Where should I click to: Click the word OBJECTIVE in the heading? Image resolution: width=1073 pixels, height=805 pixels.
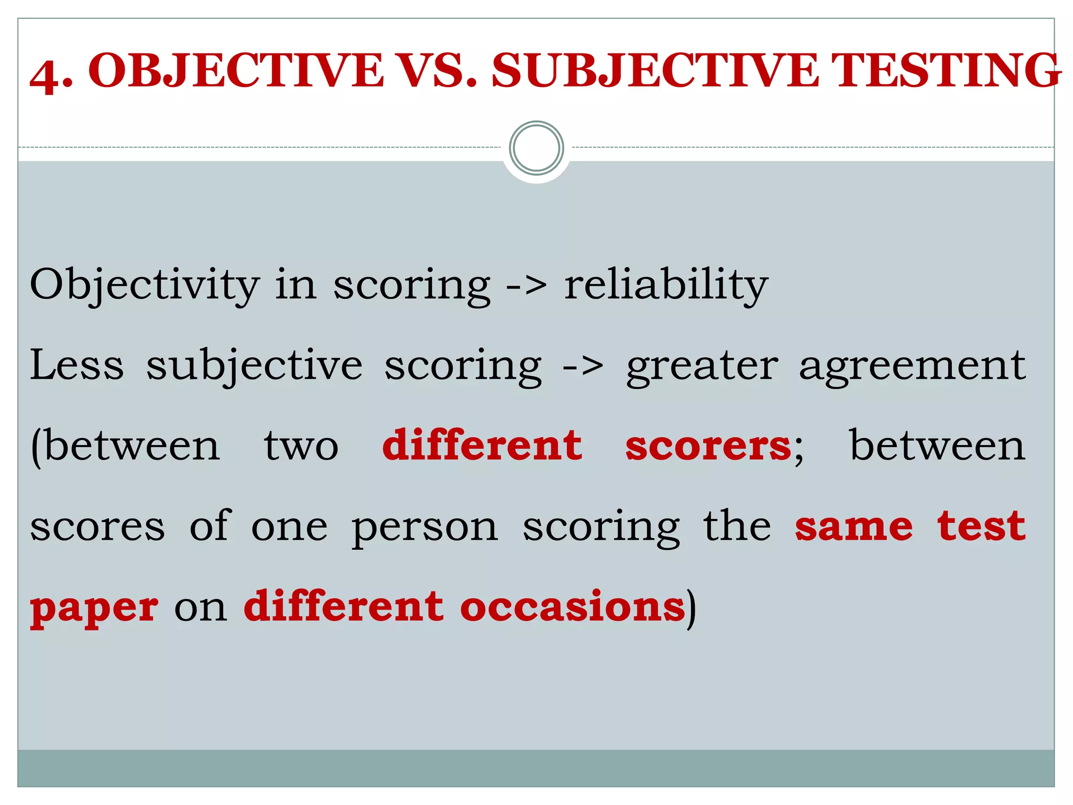(x=236, y=71)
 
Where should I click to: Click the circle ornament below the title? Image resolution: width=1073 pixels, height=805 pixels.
(x=536, y=148)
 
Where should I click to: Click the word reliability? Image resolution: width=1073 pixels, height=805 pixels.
(x=665, y=285)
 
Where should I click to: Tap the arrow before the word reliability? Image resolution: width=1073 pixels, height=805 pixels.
(x=526, y=286)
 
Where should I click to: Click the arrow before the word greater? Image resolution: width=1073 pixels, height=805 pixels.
(x=582, y=366)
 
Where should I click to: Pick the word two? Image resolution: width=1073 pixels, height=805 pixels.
(x=301, y=447)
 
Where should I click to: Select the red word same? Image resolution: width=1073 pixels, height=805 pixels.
(x=853, y=527)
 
